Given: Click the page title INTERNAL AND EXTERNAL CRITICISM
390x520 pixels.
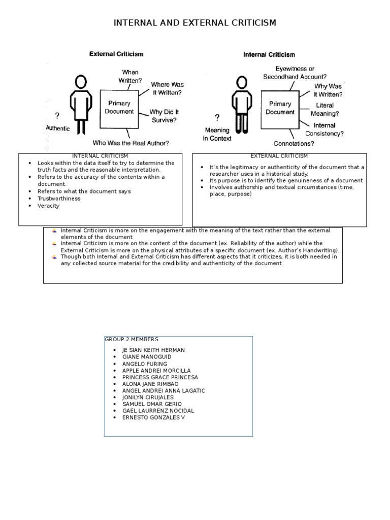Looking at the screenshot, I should tap(194, 23).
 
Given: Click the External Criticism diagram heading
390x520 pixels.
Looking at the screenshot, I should tap(116, 54).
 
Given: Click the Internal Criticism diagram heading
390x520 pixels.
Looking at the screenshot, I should tap(269, 55).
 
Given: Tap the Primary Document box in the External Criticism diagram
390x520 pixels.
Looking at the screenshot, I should tap(119, 108).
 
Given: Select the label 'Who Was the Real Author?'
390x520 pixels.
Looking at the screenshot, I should tap(131, 143).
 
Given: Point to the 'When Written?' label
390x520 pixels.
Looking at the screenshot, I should tap(129, 76).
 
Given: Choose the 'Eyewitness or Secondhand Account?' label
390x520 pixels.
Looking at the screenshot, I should tap(295, 72).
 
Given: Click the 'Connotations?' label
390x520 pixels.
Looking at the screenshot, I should tap(294, 144).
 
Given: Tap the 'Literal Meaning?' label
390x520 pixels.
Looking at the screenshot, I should tap(324, 109).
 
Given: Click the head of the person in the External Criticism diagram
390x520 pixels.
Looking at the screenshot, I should tap(80, 82).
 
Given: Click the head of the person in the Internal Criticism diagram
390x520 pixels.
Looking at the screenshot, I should tap(242, 82).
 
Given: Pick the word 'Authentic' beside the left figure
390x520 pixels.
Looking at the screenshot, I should tap(58, 128).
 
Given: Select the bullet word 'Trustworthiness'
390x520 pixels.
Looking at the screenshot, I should tap(59, 199).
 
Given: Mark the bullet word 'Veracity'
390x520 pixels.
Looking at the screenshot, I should tap(48, 206).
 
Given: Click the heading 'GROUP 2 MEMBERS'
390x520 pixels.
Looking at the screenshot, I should tap(132, 339).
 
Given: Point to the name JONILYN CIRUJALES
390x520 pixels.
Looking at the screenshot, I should tap(148, 397).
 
